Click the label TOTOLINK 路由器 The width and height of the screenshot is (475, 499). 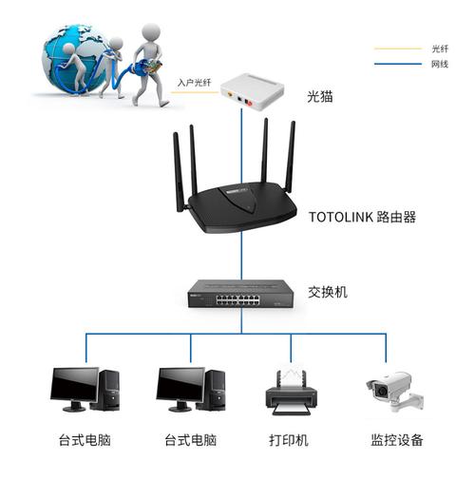coord(363,217)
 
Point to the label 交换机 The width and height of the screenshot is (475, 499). coord(328,292)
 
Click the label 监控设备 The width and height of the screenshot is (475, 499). coord(397,441)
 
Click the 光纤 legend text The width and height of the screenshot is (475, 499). coord(439,48)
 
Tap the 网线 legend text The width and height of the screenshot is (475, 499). coord(439,64)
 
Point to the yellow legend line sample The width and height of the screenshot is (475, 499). coord(399,48)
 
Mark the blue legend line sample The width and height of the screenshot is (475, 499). coord(399,64)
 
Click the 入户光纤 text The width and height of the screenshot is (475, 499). coord(195,84)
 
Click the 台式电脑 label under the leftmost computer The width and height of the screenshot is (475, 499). coord(85,441)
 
